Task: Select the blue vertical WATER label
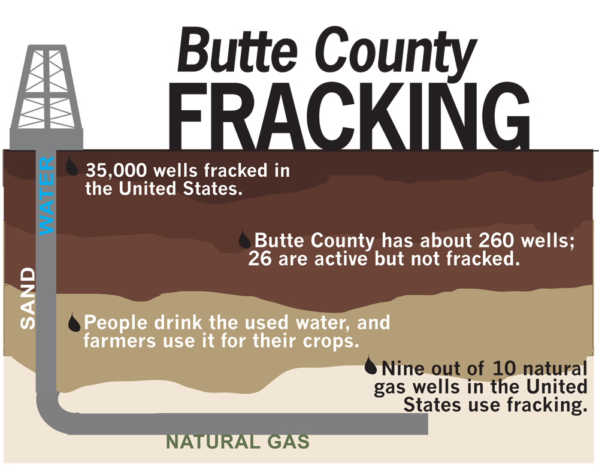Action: click(x=46, y=196)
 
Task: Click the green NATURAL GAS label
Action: click(x=237, y=443)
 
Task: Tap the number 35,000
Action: click(x=114, y=170)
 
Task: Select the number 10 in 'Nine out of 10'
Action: click(x=504, y=367)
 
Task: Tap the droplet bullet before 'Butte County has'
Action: click(x=244, y=240)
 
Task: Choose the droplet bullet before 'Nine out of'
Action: click(x=371, y=365)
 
